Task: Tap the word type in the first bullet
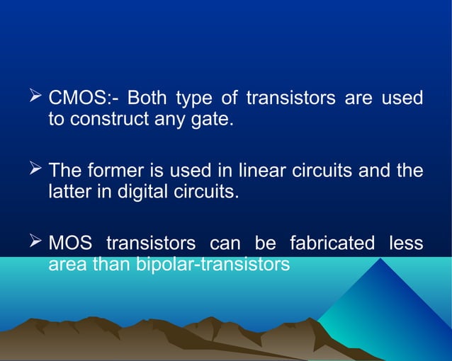[193, 98]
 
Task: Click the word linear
[261, 171]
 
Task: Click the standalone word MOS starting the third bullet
[70, 243]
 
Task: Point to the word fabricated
[332, 243]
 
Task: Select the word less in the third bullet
[406, 243]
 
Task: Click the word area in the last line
[67, 265]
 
